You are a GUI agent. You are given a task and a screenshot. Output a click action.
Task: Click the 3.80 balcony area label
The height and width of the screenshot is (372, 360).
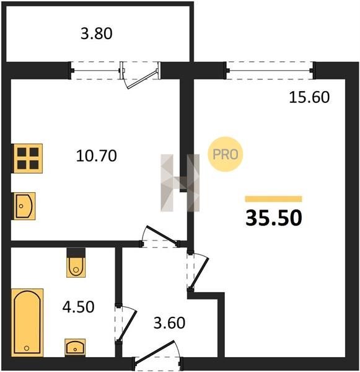click(97, 33)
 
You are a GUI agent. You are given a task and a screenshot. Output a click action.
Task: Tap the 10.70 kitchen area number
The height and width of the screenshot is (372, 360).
click(97, 156)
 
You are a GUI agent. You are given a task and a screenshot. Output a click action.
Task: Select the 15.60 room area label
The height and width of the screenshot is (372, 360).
click(309, 97)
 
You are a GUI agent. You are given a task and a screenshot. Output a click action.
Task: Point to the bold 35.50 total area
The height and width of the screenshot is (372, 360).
click(274, 218)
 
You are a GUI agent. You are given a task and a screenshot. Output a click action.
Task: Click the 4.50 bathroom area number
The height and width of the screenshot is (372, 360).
click(79, 306)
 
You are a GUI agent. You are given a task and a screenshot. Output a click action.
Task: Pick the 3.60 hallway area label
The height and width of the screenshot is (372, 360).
click(169, 323)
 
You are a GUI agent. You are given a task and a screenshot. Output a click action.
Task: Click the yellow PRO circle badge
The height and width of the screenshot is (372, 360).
click(226, 154)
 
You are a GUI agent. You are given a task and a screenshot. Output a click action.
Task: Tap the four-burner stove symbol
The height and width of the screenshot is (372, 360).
click(28, 158)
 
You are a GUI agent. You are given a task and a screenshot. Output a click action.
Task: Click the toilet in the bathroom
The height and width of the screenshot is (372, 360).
click(76, 263)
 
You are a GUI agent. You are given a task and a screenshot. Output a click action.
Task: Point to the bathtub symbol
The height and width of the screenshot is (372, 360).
click(27, 322)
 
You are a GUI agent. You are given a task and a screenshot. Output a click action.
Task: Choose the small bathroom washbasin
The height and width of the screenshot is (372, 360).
click(75, 348)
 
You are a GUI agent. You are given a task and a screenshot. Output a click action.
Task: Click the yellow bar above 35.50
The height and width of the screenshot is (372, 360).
click(274, 199)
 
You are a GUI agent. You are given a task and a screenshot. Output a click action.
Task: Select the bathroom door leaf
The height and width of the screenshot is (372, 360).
click(126, 325)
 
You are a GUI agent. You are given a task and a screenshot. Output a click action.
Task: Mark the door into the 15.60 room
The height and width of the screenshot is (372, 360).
click(200, 273)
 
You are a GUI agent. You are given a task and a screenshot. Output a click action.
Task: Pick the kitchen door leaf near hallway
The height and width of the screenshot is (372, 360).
click(161, 234)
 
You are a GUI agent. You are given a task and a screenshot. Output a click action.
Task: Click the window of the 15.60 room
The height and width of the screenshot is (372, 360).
click(270, 71)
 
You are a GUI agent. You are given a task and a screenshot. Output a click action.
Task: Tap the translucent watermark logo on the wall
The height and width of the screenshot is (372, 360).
click(180, 183)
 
